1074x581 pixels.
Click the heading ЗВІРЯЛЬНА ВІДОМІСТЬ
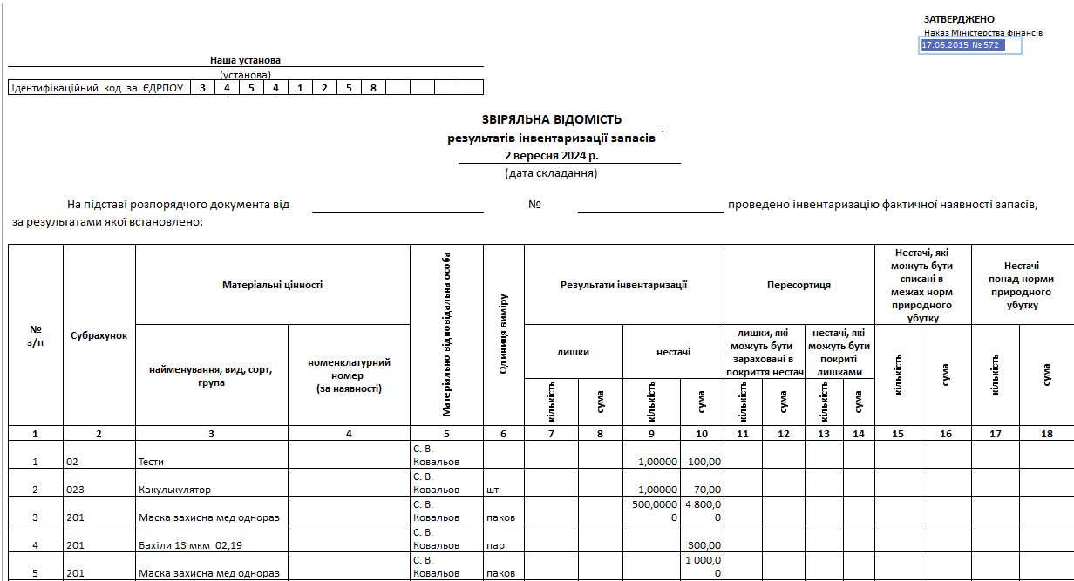click(x=551, y=120)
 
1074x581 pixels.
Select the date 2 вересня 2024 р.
click(x=552, y=155)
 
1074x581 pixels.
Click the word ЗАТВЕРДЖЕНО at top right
click(x=959, y=19)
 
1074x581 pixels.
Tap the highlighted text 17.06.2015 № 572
click(x=961, y=45)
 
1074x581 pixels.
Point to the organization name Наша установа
click(x=246, y=61)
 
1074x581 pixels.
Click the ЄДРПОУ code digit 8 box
click(x=373, y=88)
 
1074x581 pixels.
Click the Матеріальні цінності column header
click(x=272, y=285)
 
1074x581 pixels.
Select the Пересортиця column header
click(x=799, y=285)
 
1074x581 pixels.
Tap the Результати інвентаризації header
click(x=623, y=285)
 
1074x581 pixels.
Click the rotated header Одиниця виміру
click(x=503, y=334)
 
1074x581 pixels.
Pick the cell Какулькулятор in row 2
click(x=174, y=490)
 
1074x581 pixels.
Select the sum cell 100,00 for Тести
click(x=704, y=462)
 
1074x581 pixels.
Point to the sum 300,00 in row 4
click(x=704, y=545)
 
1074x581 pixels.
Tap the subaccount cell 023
click(x=76, y=490)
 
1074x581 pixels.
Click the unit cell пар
click(x=496, y=545)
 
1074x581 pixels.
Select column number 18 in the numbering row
click(x=1046, y=433)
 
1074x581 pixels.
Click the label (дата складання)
click(x=551, y=172)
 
